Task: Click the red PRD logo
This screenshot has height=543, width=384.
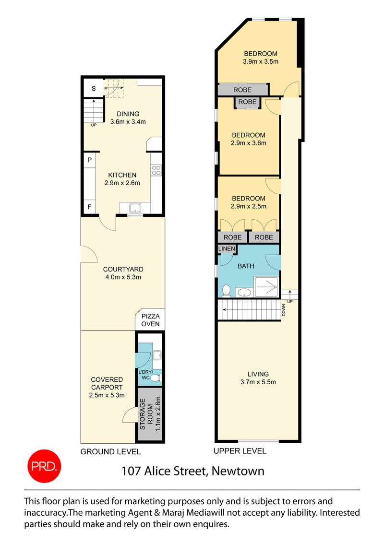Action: coord(44,466)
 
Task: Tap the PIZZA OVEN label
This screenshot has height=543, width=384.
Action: coord(150,320)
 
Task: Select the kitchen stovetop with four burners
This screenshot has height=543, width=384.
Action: coord(156,170)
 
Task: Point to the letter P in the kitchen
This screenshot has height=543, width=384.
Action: coord(89,160)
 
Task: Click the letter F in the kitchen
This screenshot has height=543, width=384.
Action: coord(89,207)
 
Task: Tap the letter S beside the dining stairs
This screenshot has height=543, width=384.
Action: coord(94,89)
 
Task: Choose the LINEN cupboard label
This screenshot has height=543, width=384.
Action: coord(227,248)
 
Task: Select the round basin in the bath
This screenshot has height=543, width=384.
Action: coord(245,292)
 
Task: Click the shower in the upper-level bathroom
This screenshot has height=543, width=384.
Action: coord(266,287)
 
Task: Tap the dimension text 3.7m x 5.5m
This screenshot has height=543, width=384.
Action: coord(258,382)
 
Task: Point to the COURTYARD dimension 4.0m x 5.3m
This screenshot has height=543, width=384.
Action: coord(123,277)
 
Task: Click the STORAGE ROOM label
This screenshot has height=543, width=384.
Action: coord(146,414)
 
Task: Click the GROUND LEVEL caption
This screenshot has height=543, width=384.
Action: coord(110,451)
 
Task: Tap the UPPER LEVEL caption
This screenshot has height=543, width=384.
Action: coord(240,451)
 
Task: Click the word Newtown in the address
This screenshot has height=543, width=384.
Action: coord(238,471)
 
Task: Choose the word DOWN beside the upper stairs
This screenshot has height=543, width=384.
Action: coord(284,310)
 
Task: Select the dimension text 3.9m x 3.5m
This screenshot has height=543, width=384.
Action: coord(261,62)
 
